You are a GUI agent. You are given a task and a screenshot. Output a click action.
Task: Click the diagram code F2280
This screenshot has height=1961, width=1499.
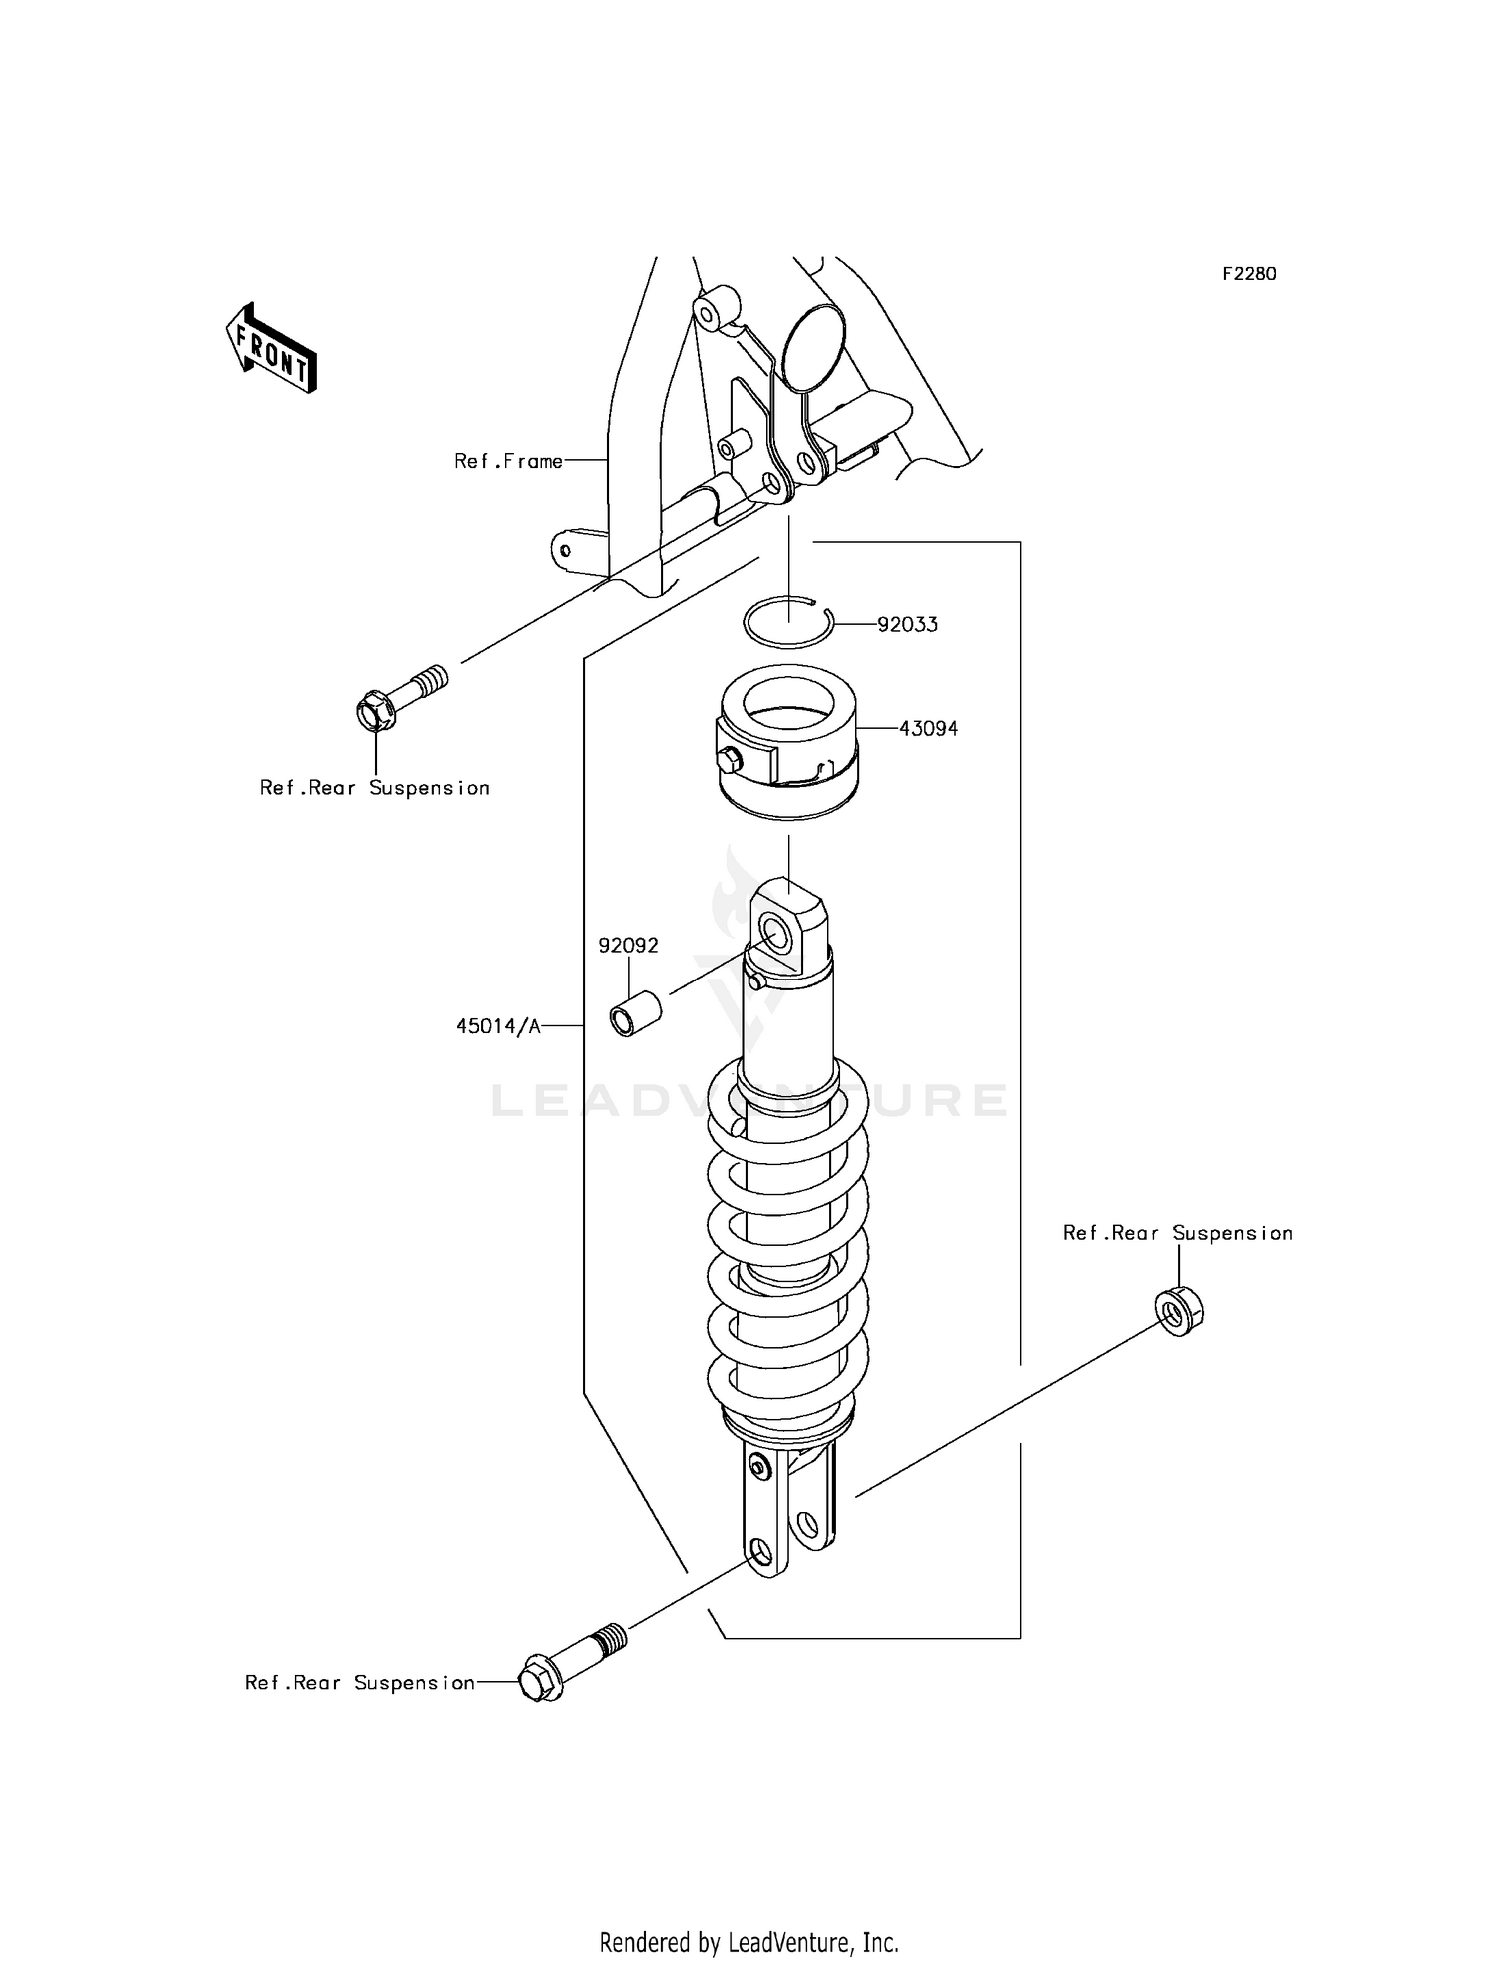coord(1249,274)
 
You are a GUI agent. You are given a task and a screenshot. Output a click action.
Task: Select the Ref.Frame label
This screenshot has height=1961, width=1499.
coord(508,461)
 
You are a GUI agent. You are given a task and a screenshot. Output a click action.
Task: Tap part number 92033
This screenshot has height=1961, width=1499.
coord(907,625)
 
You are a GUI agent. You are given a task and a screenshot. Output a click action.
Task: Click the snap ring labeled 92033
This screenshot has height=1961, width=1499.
coord(788,626)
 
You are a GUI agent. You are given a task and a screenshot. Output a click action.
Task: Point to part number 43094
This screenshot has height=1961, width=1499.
coord(928,729)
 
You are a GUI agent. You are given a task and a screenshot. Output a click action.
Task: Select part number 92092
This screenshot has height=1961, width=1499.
coord(628,946)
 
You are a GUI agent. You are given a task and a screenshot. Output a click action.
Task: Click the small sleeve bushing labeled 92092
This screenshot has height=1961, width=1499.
coord(634,1013)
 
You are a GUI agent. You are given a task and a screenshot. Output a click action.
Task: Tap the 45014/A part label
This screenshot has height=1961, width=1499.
coord(498,1026)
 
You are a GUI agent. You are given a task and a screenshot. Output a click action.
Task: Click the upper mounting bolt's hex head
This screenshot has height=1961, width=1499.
coord(375,712)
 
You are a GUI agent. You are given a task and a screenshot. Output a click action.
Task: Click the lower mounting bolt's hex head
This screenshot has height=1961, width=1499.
coord(539,1682)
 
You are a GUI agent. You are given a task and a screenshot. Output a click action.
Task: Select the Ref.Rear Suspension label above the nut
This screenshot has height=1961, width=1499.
coord(1177,1233)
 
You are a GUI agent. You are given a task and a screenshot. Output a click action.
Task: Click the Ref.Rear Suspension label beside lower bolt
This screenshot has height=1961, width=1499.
coord(359,1683)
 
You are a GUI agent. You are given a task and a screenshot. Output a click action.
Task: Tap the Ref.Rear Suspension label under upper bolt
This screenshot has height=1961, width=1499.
coord(374,788)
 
